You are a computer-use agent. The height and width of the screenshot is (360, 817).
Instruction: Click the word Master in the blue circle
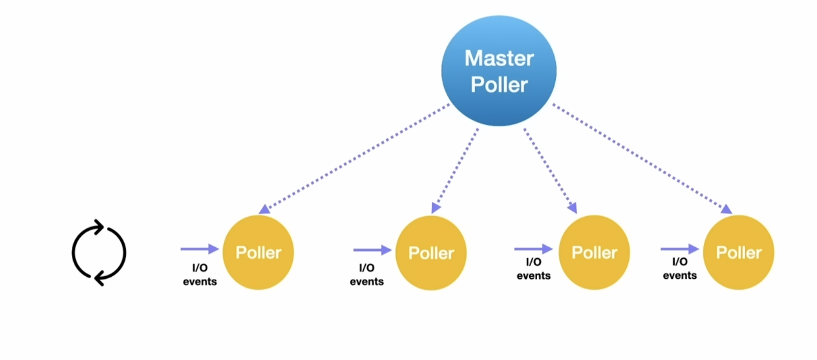coord(499,58)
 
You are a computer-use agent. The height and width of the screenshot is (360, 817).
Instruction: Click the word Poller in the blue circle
coord(499,85)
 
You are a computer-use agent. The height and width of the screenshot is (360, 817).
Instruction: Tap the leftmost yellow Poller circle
coord(258,252)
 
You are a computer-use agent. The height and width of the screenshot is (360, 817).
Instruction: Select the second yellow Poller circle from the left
coord(431,253)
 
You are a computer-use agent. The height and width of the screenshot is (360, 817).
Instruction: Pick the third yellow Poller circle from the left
coord(594,252)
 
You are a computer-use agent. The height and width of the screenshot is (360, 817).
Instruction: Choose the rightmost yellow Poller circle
coord(738,252)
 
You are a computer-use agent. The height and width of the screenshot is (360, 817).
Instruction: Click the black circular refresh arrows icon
coord(99,253)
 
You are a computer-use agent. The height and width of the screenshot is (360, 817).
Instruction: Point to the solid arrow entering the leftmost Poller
coord(200,249)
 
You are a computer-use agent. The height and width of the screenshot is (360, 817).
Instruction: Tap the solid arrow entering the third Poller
coord(533,249)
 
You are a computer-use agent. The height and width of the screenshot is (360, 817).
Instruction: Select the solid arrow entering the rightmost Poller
coord(679,249)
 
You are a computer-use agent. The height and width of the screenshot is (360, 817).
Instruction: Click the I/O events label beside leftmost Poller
coord(200,275)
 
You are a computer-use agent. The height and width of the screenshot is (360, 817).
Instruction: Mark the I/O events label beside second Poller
coord(367,275)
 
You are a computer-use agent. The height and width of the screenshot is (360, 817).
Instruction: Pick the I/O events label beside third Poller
coord(533,269)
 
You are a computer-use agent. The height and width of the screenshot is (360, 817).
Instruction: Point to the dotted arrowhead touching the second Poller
coord(435,208)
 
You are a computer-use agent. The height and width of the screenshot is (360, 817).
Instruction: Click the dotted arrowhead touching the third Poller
coord(572,208)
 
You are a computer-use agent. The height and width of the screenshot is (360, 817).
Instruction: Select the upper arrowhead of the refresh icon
coord(99,226)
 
